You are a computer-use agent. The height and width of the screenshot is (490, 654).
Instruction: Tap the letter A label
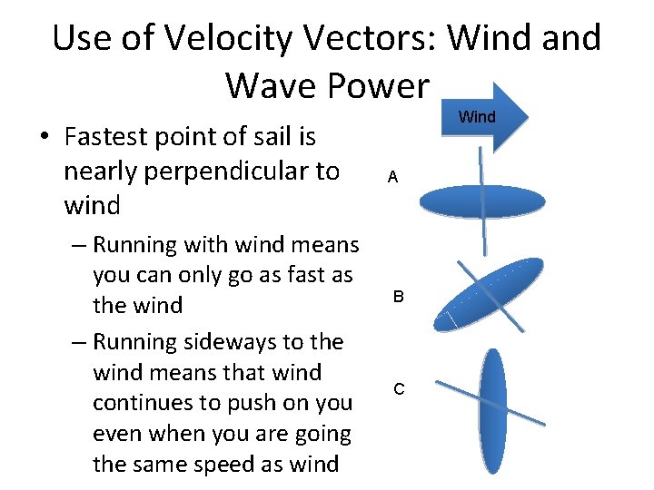point(392,178)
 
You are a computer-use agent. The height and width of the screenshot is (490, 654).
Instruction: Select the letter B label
point(398,297)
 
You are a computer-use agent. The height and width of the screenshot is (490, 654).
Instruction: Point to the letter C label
point(399,389)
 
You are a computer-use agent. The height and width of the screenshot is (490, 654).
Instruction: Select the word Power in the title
point(379,85)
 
